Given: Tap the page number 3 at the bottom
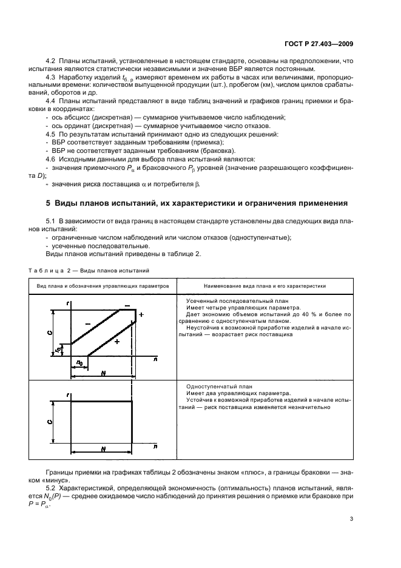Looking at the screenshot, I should point(352,519).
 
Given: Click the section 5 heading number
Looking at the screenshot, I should point(49,202).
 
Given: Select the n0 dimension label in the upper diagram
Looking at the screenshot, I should point(78,363).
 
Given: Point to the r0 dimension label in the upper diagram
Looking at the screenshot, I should point(58,350).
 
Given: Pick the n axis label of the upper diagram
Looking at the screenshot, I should point(156,359).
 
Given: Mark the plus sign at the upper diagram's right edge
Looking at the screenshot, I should point(141,315).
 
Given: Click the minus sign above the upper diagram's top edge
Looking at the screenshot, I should point(127,305).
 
